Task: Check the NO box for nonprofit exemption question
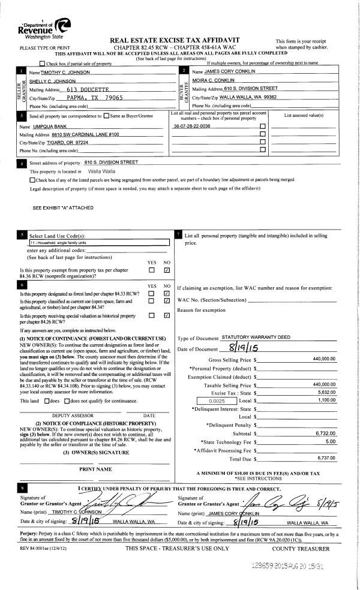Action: (x=167, y=270)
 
